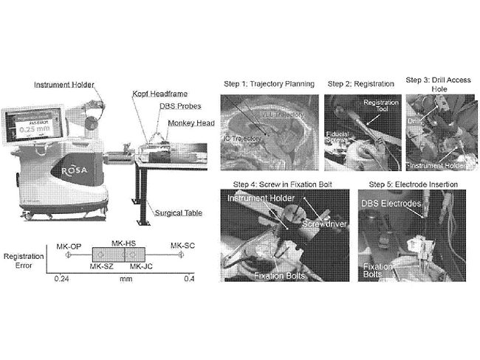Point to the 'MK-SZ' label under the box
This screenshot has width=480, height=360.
coord(103,266)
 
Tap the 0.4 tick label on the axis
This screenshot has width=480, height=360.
coord(188,279)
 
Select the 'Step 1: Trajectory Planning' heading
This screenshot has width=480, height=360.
coord(269,83)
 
